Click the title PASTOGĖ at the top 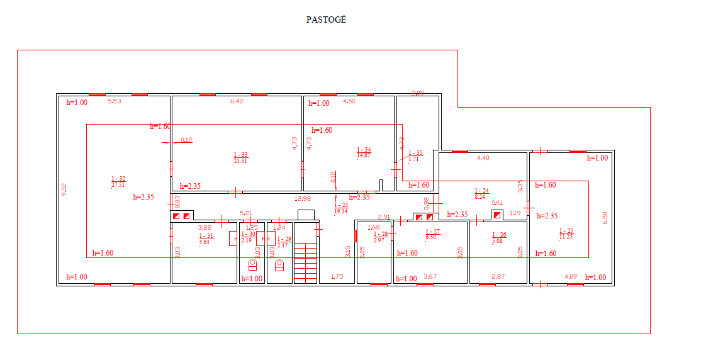(326, 20)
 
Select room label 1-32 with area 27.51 (118, 182)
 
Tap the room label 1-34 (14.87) (364, 152)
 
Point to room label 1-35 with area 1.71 (415, 156)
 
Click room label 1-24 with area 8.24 (481, 193)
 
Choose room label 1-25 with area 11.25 (566, 233)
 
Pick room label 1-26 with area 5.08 (498, 237)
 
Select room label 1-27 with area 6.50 (432, 233)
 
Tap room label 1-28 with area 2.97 (379, 237)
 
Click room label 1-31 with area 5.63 (206, 239)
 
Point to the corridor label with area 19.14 (340, 208)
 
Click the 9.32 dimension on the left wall (64, 189)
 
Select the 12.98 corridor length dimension (303, 199)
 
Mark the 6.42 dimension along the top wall (237, 101)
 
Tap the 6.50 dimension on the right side (605, 217)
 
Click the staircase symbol (306, 255)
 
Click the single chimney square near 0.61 (497, 215)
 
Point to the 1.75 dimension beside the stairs (337, 276)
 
